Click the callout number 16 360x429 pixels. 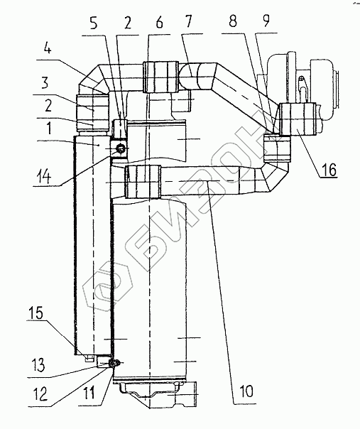pyautogui.click(x=329, y=170)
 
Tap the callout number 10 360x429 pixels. pyautogui.click(x=246, y=391)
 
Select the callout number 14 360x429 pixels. pyautogui.click(x=43, y=177)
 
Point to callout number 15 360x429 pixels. pyautogui.click(x=36, y=313)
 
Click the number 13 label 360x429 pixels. pyautogui.click(x=38, y=364)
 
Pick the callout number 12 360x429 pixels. pyautogui.click(x=40, y=394)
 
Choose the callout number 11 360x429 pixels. pyautogui.click(x=89, y=393)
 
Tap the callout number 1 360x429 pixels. pyautogui.click(x=49, y=128)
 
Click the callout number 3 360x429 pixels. pyautogui.click(x=45, y=82)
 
